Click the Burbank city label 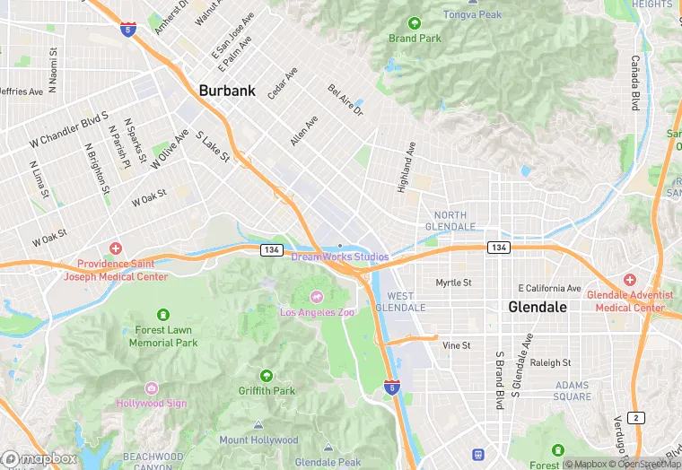(x=227, y=91)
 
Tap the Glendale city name (x=538, y=307)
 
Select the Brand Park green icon (x=415, y=23)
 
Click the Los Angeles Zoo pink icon (x=317, y=296)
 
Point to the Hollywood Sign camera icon (x=152, y=388)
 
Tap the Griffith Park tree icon (x=267, y=375)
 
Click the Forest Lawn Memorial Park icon (x=162, y=315)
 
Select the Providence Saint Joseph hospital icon (x=115, y=248)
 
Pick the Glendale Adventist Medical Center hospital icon (x=629, y=280)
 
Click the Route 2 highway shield (x=636, y=418)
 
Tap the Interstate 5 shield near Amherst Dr (x=128, y=28)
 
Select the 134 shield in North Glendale (x=499, y=247)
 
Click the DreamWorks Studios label (x=339, y=257)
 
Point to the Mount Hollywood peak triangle (x=258, y=426)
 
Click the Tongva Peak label (x=473, y=14)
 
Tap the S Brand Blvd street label (x=499, y=379)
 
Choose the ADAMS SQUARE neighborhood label (x=572, y=391)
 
